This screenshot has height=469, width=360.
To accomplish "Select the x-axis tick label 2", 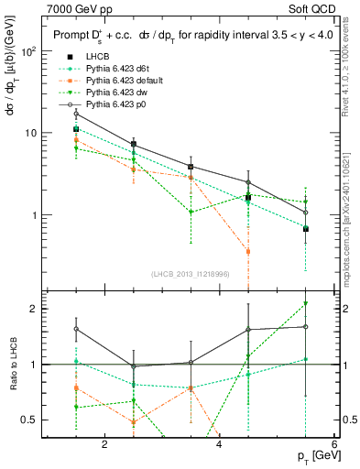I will tap(105, 446).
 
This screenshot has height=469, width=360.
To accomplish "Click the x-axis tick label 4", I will tap(219, 446).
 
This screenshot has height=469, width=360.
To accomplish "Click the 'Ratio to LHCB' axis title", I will tap(11, 365).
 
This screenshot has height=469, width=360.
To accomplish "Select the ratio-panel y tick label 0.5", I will tap(30, 420).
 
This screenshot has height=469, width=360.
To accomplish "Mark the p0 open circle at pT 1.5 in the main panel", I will tap(77, 114).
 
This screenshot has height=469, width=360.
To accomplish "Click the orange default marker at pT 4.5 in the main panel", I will tap(248, 251).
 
